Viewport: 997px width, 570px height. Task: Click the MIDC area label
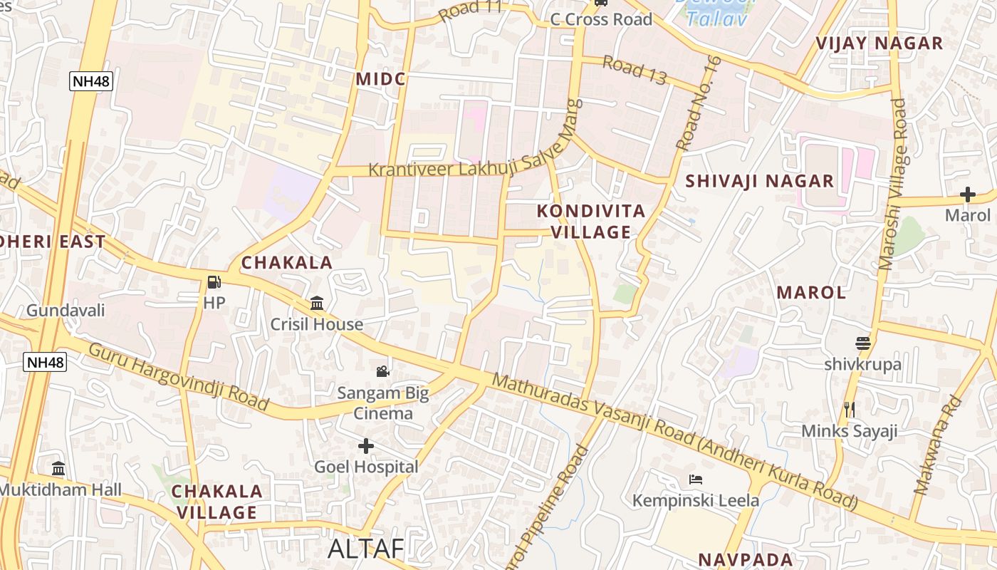381,78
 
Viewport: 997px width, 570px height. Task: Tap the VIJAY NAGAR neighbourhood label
879,43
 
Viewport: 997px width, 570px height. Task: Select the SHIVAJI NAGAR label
759,181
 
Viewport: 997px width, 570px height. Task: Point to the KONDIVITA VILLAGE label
591,222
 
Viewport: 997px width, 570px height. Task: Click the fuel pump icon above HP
214,282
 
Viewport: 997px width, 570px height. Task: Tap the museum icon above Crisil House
317,304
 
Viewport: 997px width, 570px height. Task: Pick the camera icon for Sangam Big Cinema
383,371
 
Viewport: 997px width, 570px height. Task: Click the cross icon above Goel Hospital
366,446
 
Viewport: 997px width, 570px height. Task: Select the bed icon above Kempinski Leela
696,480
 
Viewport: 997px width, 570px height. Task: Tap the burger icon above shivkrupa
863,343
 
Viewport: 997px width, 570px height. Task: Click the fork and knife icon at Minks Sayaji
849,410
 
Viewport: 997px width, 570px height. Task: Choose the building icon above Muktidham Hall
59,469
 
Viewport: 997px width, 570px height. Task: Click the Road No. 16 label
699,103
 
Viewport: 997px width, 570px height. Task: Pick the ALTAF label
365,549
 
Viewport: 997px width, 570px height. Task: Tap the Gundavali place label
66,311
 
